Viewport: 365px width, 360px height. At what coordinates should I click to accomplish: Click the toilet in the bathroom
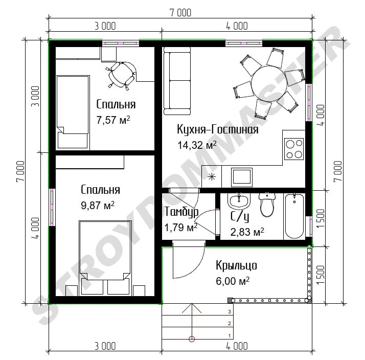(x=267, y=205)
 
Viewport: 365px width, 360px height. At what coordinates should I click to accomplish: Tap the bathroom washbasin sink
(x=239, y=201)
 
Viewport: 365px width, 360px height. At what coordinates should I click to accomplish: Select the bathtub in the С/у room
(x=294, y=216)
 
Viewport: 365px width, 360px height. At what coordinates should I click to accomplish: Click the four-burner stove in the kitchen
(x=294, y=149)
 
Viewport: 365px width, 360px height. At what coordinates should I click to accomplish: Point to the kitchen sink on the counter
(x=242, y=177)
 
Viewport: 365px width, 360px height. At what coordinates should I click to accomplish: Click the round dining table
(x=269, y=83)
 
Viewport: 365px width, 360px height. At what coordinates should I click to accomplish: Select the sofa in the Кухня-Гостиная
(x=177, y=81)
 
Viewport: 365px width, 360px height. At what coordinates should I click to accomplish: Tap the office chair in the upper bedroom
(x=122, y=75)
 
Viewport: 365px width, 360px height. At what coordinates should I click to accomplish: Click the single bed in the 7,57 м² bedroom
(x=73, y=112)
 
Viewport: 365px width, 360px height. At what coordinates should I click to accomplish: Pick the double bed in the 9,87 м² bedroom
(x=105, y=258)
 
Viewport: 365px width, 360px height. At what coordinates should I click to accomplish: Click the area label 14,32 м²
(x=197, y=145)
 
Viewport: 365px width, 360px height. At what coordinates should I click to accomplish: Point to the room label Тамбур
(x=181, y=212)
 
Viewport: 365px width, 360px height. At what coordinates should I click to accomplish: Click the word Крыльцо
(x=236, y=266)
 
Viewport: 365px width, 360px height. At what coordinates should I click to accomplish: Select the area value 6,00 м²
(x=233, y=281)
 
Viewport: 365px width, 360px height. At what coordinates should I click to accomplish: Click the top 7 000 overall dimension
(x=180, y=13)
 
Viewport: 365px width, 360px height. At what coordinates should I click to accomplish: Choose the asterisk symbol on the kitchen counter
(x=212, y=177)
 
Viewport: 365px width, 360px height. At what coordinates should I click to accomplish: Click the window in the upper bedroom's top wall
(x=120, y=43)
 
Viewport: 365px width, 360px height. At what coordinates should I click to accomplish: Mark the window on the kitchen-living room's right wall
(x=309, y=102)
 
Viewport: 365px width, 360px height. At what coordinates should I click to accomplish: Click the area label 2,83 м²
(x=247, y=232)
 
